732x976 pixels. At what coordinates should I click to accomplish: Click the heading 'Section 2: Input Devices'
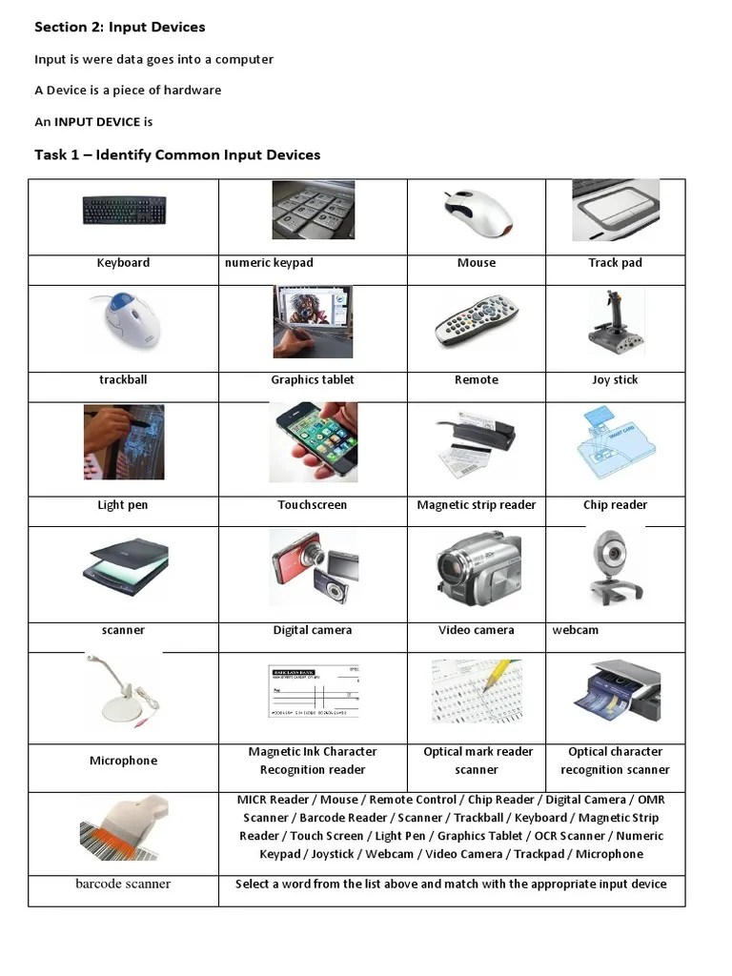coord(119,27)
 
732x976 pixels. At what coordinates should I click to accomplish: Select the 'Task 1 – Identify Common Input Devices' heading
coord(177,154)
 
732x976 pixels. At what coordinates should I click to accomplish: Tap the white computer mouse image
coord(476,213)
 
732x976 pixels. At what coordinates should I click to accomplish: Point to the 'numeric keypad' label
coord(269,263)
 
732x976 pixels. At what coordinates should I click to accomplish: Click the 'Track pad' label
coord(615,263)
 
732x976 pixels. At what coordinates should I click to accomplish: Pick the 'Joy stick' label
coord(615,379)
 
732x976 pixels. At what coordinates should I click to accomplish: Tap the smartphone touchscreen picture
coord(313,441)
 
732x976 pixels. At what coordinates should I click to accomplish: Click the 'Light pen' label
coord(123,505)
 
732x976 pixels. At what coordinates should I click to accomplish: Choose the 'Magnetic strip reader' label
coord(476,505)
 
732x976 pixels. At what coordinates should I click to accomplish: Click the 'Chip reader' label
coord(615,505)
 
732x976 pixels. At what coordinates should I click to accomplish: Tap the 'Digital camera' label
coord(313,630)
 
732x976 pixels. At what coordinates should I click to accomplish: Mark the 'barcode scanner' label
coord(123,884)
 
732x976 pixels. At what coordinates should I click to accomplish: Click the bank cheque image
coord(313,692)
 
